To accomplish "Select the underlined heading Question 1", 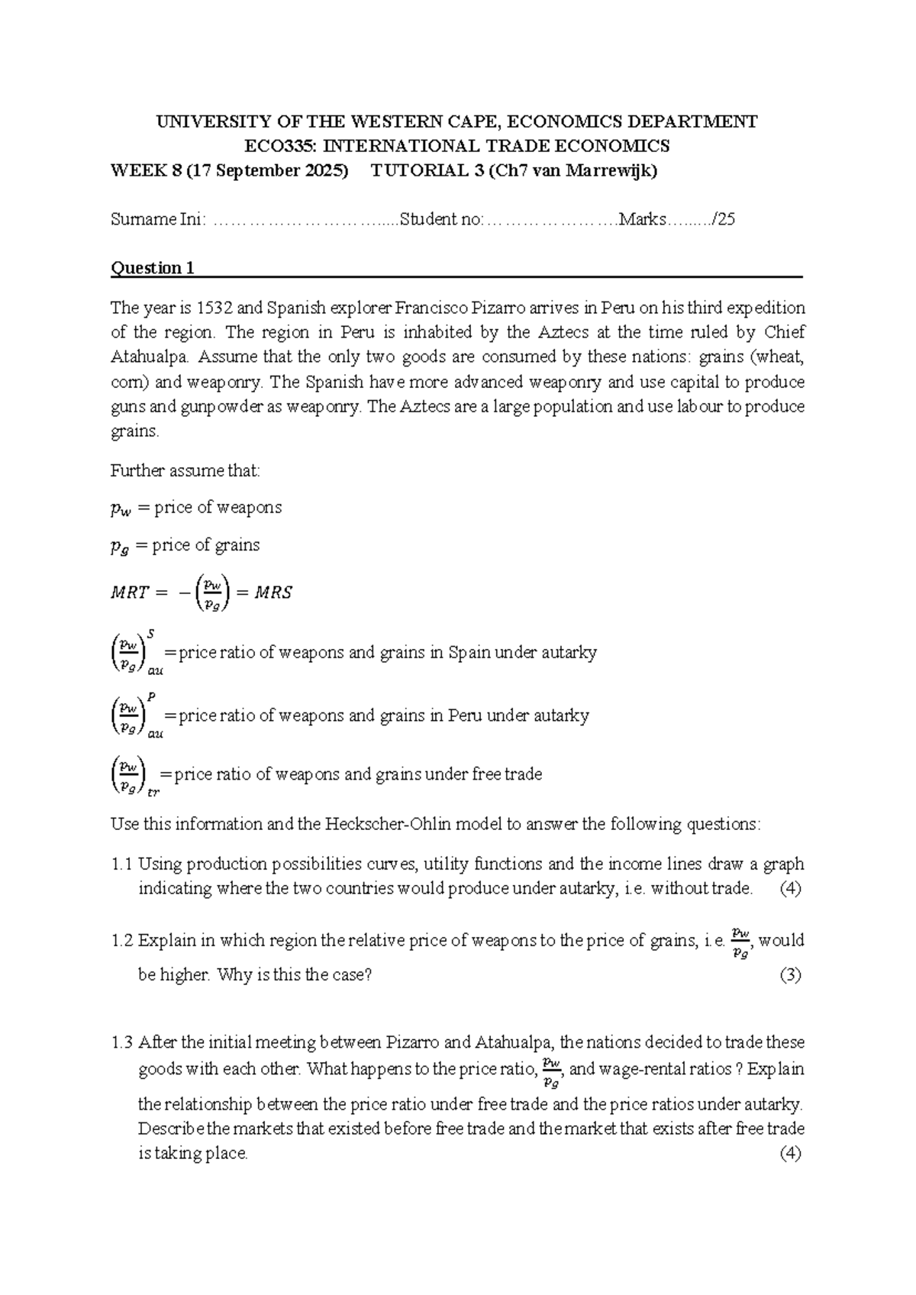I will tap(153, 268).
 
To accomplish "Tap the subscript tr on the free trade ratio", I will tap(153, 793).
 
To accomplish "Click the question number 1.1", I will tap(121, 864).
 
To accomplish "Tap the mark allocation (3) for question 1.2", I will tap(790, 975).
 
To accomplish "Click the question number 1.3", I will tap(121, 1042).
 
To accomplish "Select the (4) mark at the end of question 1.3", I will tap(790, 1154).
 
